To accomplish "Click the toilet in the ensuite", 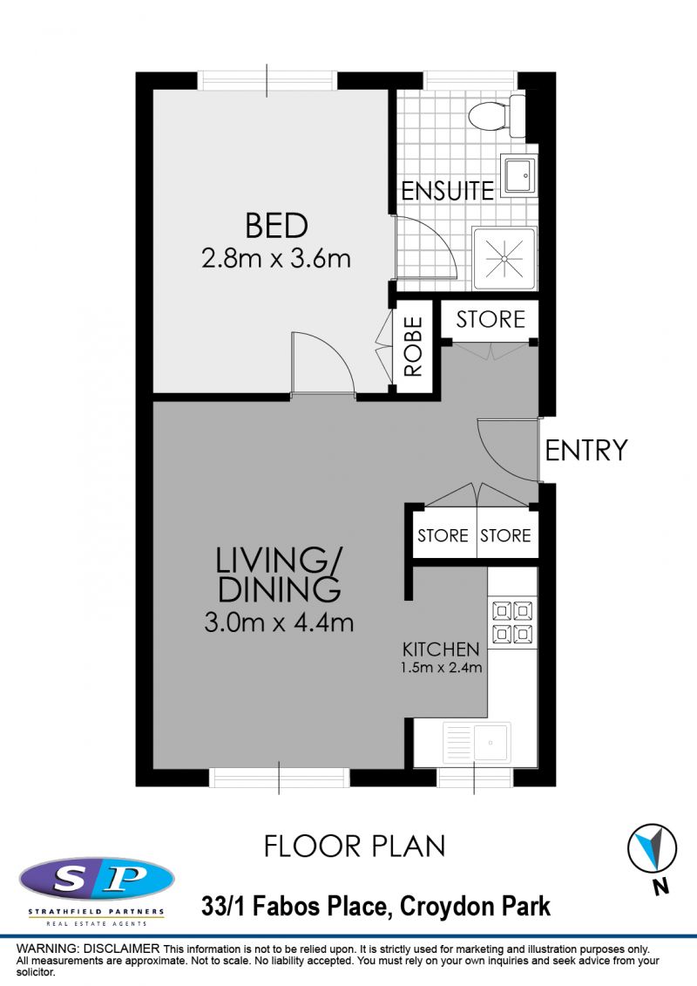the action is (497, 116).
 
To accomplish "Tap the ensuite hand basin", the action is (519, 175).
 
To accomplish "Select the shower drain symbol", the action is (504, 258).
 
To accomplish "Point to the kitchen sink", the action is (477, 743).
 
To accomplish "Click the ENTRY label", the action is (585, 450).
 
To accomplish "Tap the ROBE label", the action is (413, 346).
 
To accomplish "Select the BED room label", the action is (276, 226).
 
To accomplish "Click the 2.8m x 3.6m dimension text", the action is (276, 258).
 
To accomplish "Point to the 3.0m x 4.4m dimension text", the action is (279, 622).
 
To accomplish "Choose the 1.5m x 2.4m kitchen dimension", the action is (441, 667).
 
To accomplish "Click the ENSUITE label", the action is (448, 191).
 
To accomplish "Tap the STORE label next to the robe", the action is (491, 319).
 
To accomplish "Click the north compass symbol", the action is (653, 848).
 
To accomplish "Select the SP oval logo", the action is (97, 879).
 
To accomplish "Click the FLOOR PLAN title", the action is (355, 847).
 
